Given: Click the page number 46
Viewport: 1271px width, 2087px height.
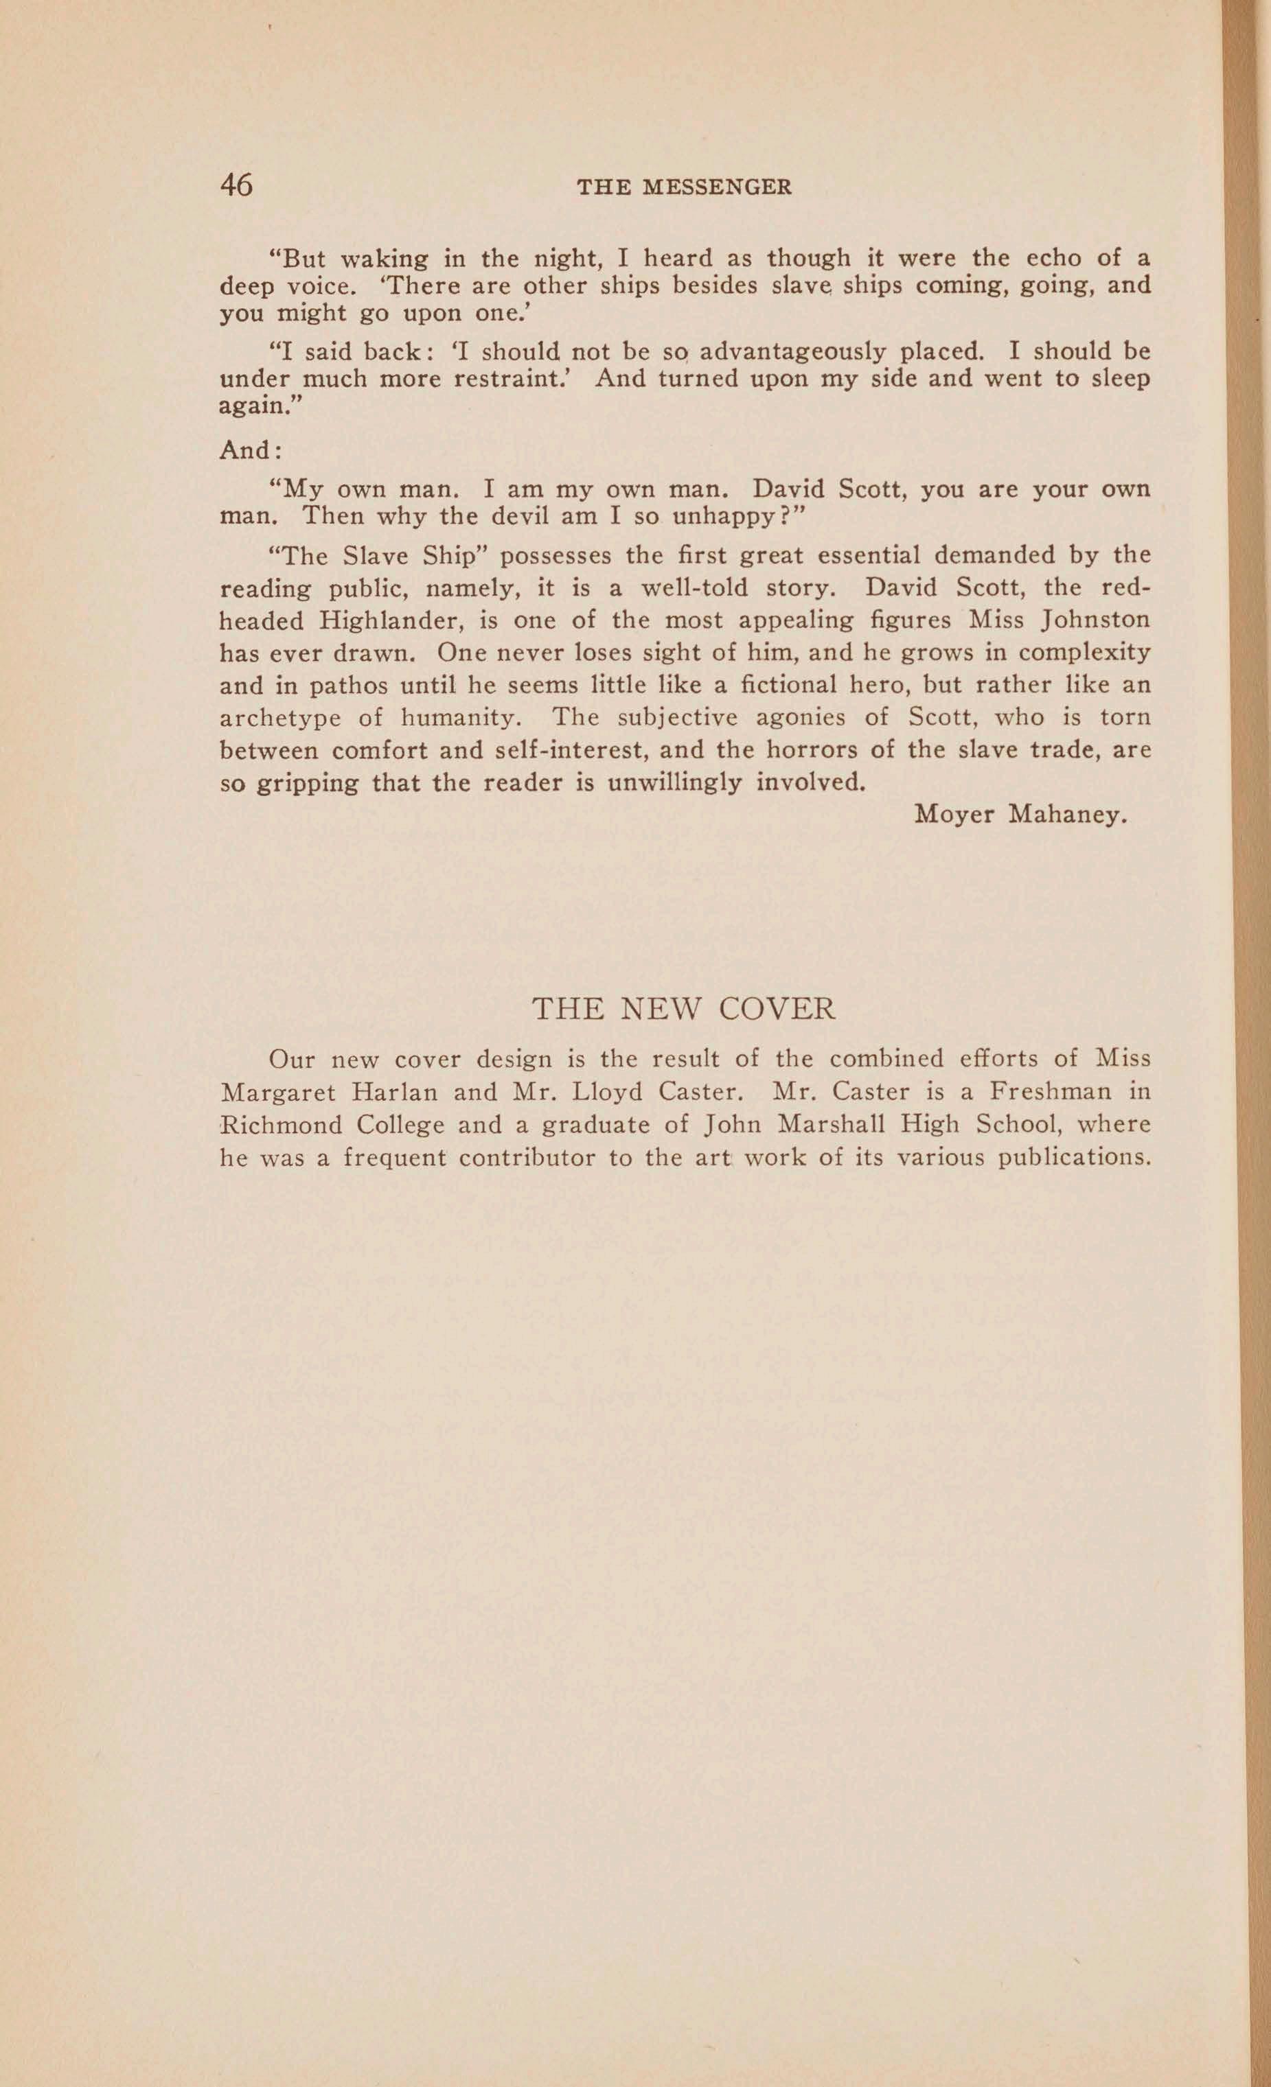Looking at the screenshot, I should point(236,184).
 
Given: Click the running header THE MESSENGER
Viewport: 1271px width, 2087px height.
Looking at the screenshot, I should point(684,187).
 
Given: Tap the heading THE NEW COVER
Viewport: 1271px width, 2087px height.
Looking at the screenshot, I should point(683,1009).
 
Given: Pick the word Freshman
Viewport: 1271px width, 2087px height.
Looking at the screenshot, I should point(1051,1091).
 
